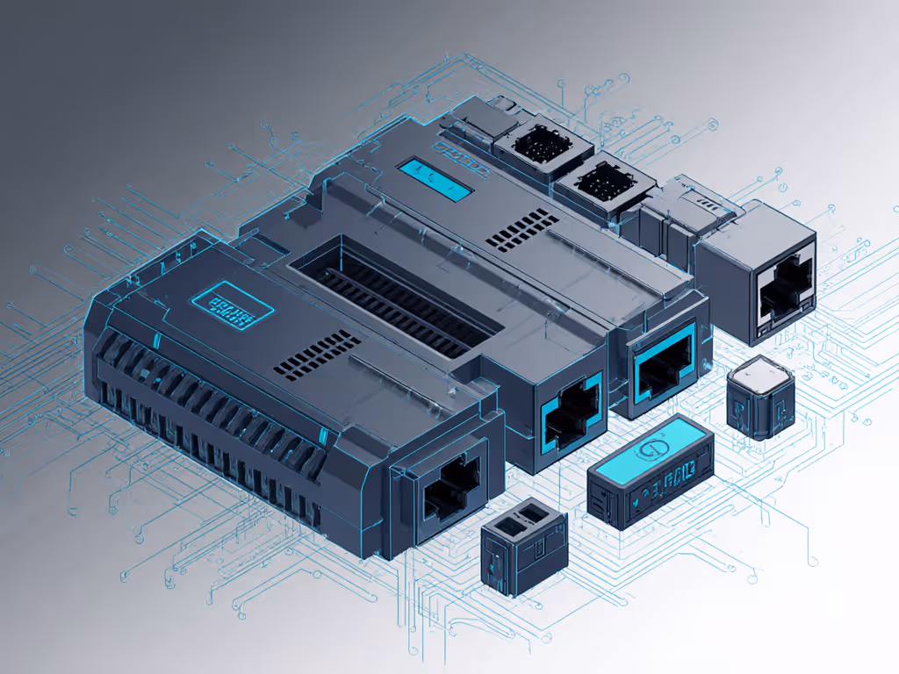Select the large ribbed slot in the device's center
[x=394, y=298]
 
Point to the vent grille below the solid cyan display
[x=523, y=230]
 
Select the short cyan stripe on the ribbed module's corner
[x=156, y=340]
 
